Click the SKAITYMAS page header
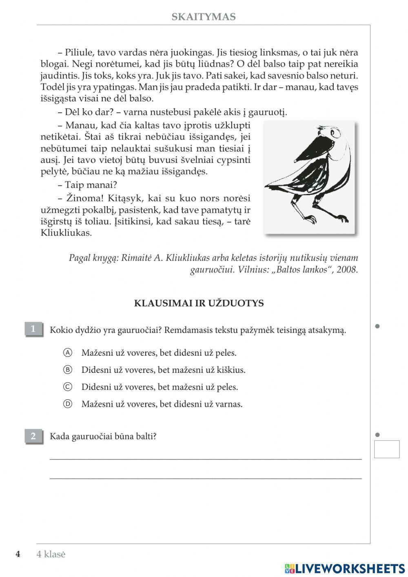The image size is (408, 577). coord(204,17)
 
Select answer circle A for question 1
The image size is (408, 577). coord(68,352)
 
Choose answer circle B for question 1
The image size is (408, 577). coord(68,370)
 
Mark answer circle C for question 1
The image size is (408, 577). coord(68,387)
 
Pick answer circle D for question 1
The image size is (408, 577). coord(68,404)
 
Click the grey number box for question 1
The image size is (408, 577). coord(33,329)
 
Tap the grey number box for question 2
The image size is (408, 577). coord(33,436)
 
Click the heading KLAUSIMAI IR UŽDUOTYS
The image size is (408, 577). coord(199,303)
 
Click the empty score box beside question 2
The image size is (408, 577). coord(386,449)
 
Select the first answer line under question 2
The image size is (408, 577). coord(205,457)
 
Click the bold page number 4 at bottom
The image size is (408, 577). coord(18,554)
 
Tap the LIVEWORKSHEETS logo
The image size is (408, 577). coord(345,568)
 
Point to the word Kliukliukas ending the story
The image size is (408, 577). coord(66,233)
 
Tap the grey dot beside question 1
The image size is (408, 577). coord(377,326)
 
